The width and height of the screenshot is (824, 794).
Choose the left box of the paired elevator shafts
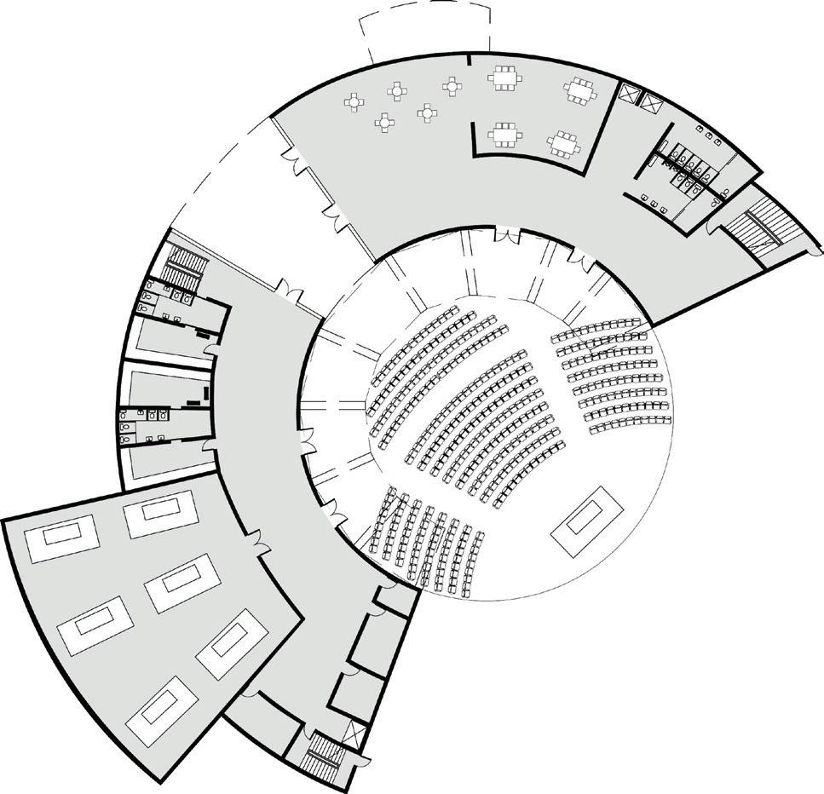click(x=630, y=94)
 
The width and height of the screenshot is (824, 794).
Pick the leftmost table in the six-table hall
click(x=55, y=539)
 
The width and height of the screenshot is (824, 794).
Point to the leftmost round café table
click(x=354, y=102)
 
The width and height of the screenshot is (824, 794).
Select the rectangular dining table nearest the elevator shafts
click(x=581, y=90)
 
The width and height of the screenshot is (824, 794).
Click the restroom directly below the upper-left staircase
click(x=170, y=296)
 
